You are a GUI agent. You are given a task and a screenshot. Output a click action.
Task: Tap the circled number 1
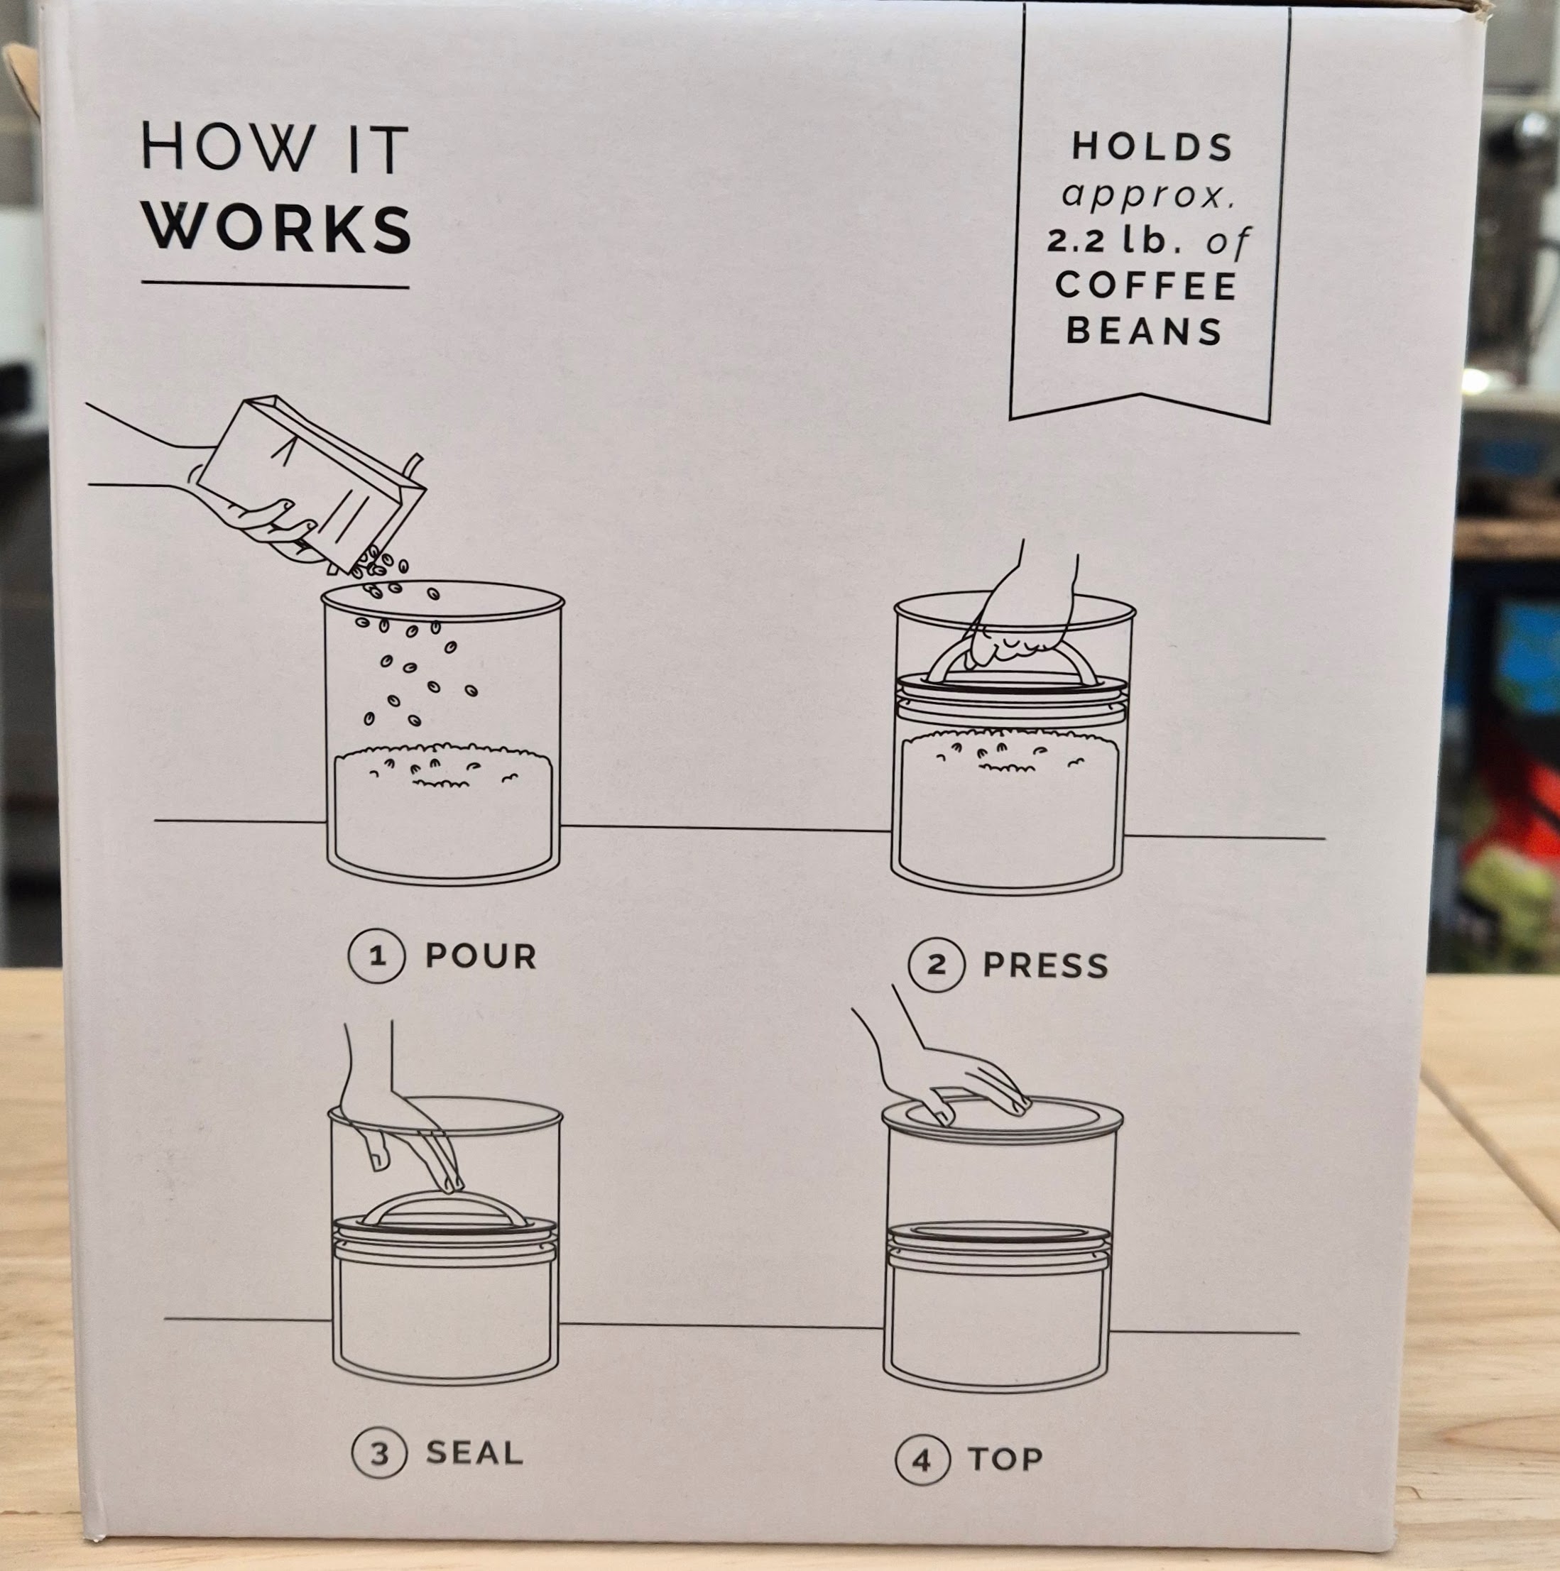[376, 956]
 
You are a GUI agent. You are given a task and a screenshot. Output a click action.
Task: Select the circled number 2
[936, 965]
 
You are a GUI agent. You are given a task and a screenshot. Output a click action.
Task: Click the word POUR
[481, 956]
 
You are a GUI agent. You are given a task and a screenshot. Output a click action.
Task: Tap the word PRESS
[1045, 965]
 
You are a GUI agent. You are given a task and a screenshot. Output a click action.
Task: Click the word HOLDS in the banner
[1152, 146]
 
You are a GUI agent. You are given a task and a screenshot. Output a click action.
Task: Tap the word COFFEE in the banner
[1146, 285]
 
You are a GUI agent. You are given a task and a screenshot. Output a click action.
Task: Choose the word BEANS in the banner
[1145, 331]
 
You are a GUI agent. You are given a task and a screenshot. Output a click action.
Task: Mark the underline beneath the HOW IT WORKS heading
[275, 285]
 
